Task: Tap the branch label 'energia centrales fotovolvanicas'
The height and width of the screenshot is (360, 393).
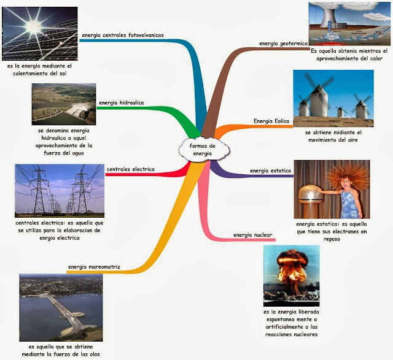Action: [x=122, y=35]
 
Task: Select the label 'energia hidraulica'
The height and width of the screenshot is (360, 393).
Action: [x=121, y=102]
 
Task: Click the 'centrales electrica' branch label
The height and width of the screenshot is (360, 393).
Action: [x=130, y=169]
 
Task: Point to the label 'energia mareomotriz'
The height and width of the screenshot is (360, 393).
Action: [x=94, y=266]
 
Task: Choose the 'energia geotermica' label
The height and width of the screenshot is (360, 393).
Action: [x=284, y=44]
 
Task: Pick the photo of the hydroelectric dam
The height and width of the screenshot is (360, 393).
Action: [x=63, y=104]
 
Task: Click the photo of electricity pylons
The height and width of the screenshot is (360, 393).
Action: [x=59, y=191]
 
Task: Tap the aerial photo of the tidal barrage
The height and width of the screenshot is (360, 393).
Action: [x=61, y=304]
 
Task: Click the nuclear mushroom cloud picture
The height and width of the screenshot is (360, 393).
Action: [x=291, y=275]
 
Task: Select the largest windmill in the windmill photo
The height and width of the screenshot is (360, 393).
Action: [x=319, y=98]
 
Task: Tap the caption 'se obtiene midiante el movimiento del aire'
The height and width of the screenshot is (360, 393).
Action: [x=333, y=136]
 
